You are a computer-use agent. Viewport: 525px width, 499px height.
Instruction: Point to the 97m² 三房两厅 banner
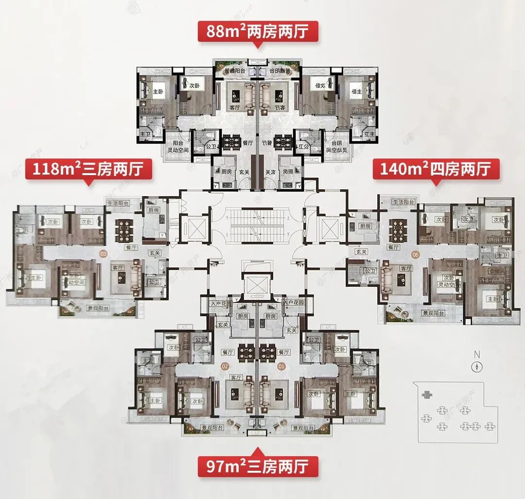click(x=258, y=466)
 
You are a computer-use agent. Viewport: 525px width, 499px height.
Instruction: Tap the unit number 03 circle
click(x=103, y=253)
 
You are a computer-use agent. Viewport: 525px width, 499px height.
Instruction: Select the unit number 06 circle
click(x=415, y=254)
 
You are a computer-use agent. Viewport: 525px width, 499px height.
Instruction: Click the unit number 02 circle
click(x=225, y=366)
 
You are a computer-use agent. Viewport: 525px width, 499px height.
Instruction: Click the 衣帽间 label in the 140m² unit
click(x=500, y=271)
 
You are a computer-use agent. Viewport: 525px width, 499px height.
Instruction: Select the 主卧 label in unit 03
click(x=34, y=278)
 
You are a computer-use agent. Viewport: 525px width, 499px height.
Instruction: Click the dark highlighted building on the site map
click(x=427, y=394)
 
